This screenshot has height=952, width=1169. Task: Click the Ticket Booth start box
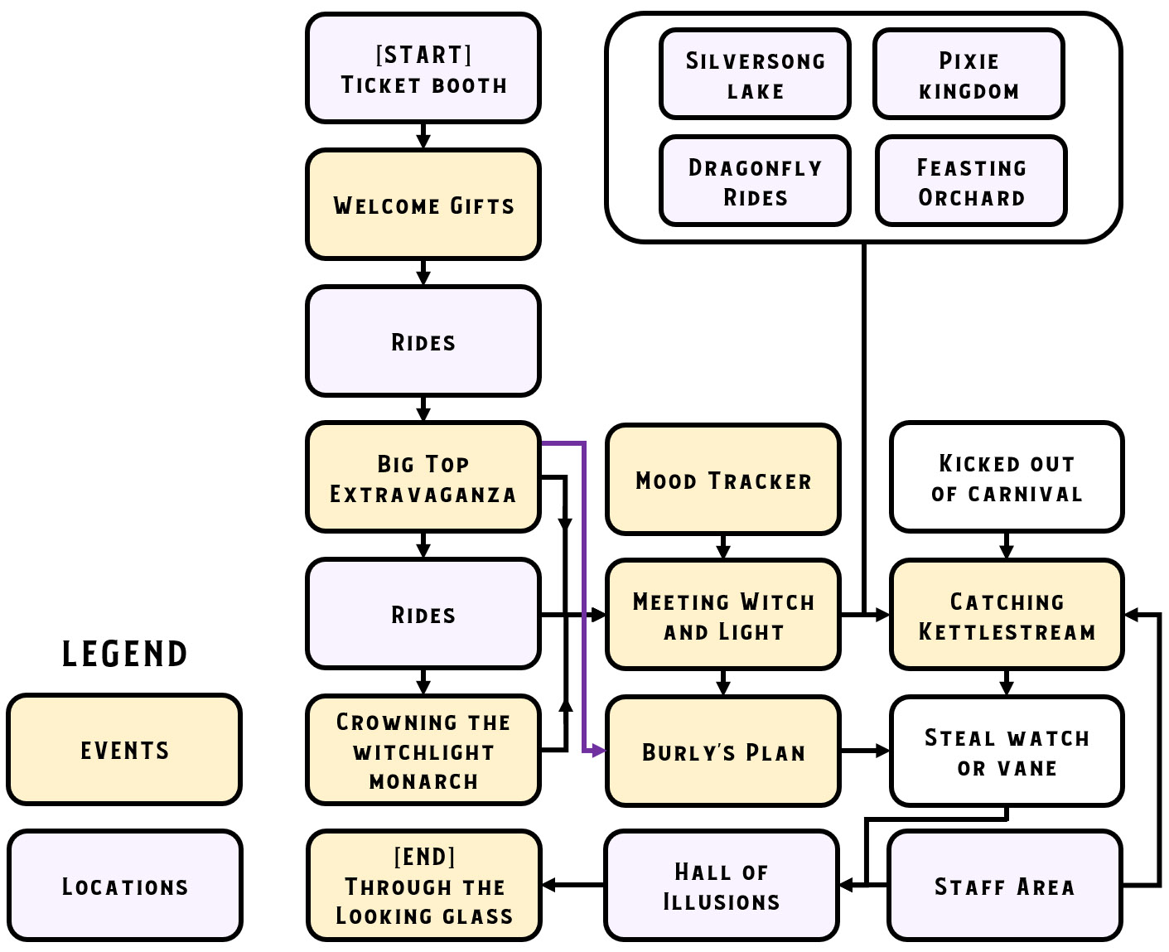423,69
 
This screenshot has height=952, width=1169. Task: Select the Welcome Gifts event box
423,205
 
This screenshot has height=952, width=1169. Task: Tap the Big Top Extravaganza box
423,477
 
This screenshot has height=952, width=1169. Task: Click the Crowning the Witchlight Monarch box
423,751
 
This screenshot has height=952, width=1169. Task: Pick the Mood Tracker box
722,480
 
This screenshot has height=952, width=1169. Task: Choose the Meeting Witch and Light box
722,615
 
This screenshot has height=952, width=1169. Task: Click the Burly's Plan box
722,751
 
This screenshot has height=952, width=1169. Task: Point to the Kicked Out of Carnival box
1007,477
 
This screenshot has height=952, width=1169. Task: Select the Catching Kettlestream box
1007,615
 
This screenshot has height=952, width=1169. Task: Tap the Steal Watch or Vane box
1007,751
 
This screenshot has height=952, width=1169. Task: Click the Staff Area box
1005,886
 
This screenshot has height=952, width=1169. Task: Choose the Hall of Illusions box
722,886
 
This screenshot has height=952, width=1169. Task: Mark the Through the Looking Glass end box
423,886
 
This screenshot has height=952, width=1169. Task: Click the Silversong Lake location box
755,75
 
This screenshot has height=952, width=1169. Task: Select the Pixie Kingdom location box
969,75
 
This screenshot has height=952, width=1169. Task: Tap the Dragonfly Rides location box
755,181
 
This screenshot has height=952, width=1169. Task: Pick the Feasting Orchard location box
971,181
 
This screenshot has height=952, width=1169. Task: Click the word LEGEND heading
125,655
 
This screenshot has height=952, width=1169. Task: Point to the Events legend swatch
124,750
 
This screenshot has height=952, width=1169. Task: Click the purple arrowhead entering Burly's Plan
599,751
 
